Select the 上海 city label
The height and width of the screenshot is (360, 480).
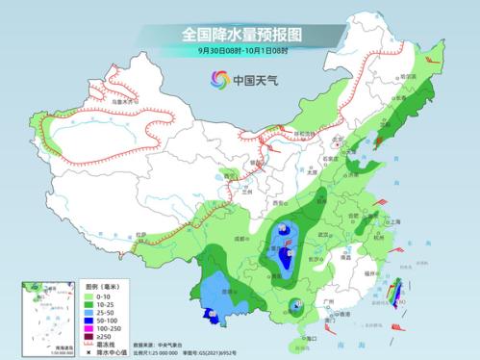click(395, 220)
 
